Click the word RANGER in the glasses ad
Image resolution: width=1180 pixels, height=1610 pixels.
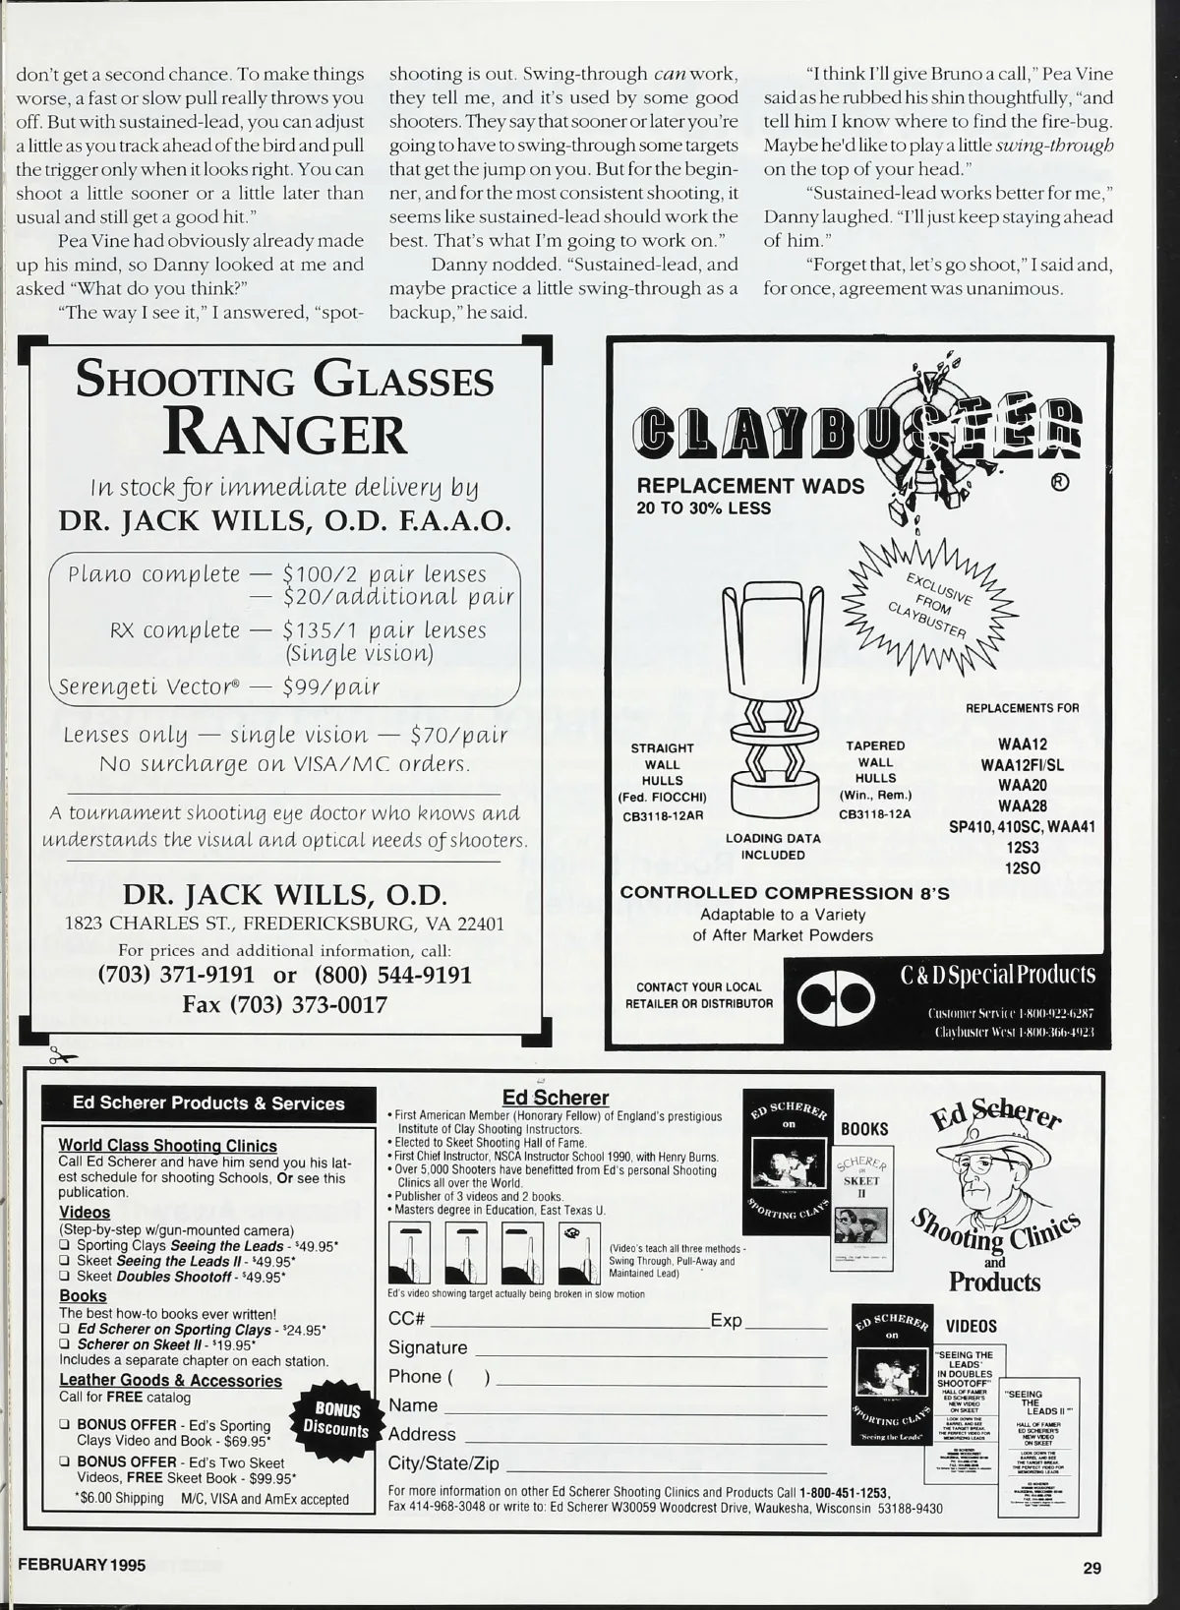[x=285, y=433]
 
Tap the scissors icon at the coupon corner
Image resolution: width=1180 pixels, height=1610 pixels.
[x=62, y=1056]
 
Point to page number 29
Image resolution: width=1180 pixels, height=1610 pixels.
[x=1092, y=1568]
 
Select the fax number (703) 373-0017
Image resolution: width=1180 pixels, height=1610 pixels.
[x=284, y=1004]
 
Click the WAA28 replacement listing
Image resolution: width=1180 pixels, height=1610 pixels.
[x=1022, y=805]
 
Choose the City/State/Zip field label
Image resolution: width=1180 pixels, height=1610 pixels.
[x=443, y=1463]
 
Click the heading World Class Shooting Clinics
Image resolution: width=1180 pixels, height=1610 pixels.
[x=167, y=1146]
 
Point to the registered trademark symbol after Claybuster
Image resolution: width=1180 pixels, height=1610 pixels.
[x=1061, y=483]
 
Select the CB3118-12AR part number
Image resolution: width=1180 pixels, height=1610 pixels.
[x=662, y=815]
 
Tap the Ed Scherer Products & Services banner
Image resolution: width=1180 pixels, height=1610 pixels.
[x=208, y=1103]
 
